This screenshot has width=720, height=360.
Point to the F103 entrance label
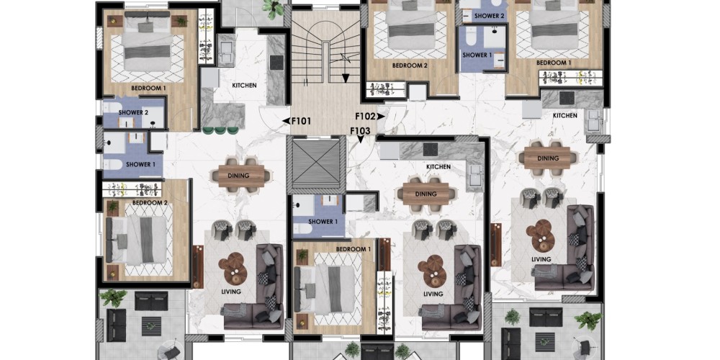coord(360,131)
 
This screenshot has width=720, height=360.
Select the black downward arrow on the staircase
coord(346,78)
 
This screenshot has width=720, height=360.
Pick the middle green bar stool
coord(221,130)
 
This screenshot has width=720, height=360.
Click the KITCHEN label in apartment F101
coord(244,86)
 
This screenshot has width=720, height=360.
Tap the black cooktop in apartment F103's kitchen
coord(431,149)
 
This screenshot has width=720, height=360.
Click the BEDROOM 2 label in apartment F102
coord(410,66)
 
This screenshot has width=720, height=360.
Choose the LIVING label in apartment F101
coord(230,292)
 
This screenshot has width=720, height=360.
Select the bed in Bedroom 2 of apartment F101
coord(136,240)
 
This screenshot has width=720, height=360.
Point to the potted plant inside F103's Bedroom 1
coord(302,255)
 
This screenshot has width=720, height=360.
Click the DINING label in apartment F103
coord(426,194)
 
